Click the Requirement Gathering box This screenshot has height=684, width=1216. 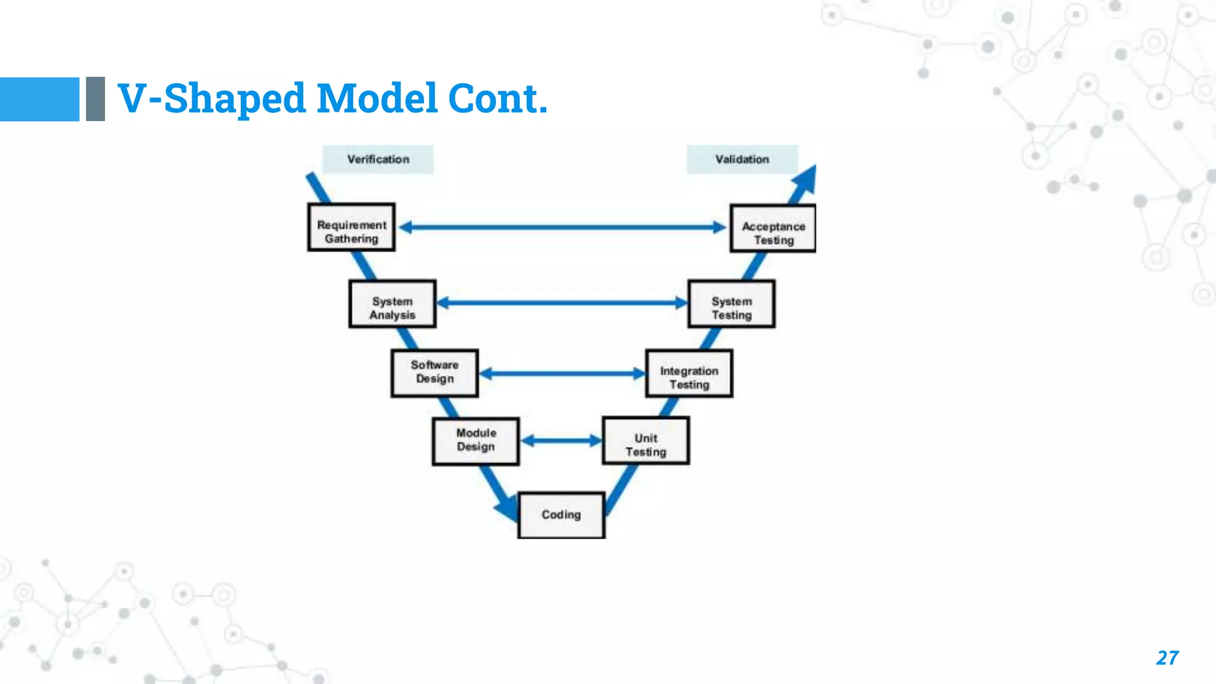pos(351,228)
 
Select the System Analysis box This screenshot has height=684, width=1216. pos(392,304)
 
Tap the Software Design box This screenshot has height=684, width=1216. pos(435,373)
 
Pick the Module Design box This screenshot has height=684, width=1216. pos(476,441)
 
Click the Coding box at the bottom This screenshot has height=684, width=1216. pos(561,515)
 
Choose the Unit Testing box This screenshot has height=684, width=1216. pos(646,441)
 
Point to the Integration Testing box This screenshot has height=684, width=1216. pos(689,373)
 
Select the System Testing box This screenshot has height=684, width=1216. pos(731,304)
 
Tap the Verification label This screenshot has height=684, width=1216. pos(378,159)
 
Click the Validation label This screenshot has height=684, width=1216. pos(742,159)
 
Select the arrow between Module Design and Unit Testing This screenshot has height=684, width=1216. pos(561,441)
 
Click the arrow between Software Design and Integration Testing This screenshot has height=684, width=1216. pos(562,373)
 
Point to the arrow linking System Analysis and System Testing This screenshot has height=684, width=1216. pos(562,303)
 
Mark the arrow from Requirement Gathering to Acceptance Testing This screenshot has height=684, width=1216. pos(562,227)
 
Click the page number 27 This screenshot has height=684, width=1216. pos(1167,658)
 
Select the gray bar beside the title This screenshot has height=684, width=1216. pos(95,99)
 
